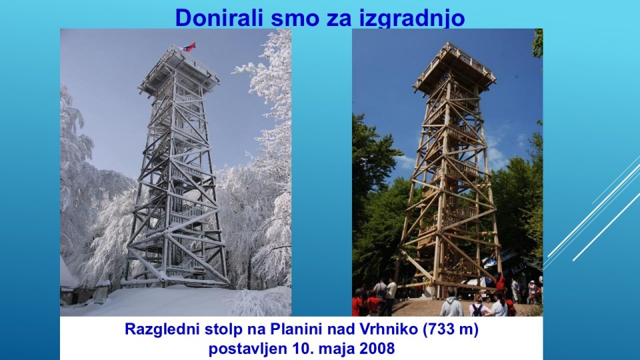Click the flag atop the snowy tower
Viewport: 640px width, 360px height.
click(x=189, y=47)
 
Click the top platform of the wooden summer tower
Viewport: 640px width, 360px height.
click(x=454, y=67)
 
